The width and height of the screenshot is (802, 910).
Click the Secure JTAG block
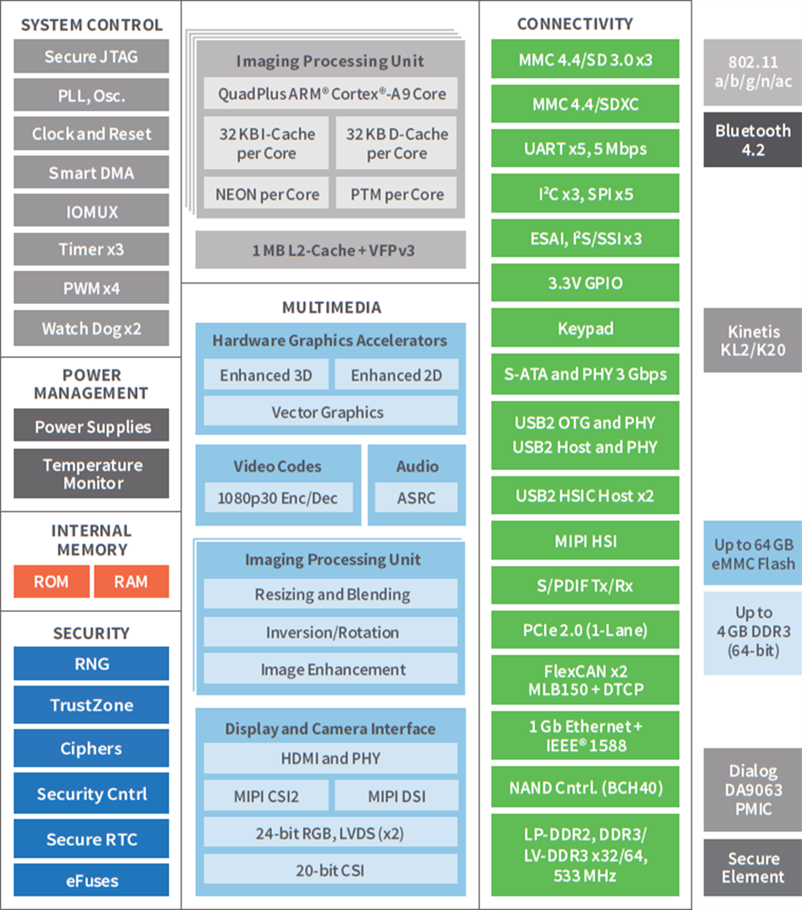coord(91,57)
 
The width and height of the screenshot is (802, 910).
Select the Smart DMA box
coord(91,174)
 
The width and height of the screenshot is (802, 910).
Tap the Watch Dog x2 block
coord(91,329)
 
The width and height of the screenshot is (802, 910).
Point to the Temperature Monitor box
coord(91,474)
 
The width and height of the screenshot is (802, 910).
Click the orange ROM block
coord(51,582)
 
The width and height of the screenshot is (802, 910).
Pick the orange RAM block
coord(130,582)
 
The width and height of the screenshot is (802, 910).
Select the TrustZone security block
coord(91,705)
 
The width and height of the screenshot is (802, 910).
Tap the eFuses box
coord(91,881)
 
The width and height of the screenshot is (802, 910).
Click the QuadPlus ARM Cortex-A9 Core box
coord(331,94)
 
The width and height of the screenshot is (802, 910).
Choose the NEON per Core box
coord(267,195)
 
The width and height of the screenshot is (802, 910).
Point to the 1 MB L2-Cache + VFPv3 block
coord(331,250)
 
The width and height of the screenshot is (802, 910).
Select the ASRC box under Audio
coord(416,498)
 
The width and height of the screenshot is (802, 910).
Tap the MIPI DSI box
coord(396,796)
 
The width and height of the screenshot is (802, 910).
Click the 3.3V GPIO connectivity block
coord(585,284)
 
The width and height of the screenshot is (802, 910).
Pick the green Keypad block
coord(585,329)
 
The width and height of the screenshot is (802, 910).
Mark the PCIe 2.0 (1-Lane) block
coord(585,630)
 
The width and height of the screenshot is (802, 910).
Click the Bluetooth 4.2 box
coord(752,140)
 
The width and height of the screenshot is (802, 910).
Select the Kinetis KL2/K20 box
coord(752,340)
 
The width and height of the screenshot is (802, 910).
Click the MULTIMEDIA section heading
coord(331,307)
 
